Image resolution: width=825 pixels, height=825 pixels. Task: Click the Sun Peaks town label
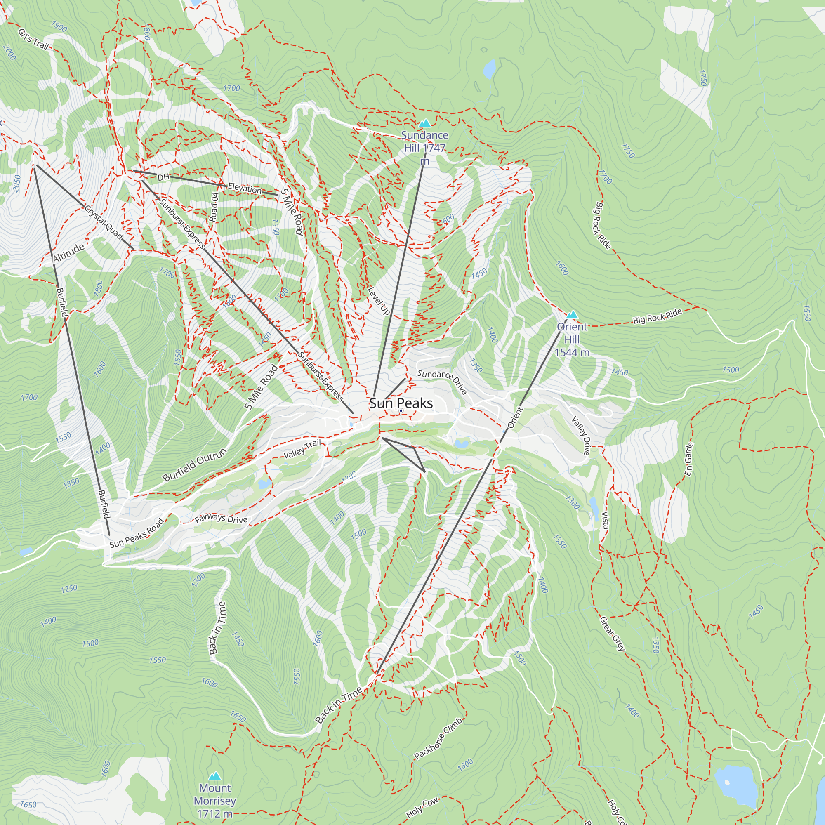click(x=401, y=403)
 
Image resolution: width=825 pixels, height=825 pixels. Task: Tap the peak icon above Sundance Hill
click(x=424, y=123)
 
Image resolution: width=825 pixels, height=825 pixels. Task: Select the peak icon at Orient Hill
click(x=572, y=315)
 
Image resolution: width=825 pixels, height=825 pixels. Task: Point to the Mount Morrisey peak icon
click(x=215, y=776)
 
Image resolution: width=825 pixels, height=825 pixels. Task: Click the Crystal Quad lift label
click(x=104, y=223)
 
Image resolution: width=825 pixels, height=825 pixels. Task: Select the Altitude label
click(x=68, y=253)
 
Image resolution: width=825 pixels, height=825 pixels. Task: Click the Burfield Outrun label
click(x=194, y=464)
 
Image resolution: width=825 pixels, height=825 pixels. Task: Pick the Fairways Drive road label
click(x=221, y=519)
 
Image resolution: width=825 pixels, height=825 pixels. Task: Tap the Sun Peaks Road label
click(x=136, y=533)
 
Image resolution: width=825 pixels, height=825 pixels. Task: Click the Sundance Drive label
click(x=442, y=381)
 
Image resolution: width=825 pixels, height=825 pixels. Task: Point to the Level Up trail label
click(x=379, y=301)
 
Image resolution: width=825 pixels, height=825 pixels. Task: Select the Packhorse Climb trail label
click(x=438, y=739)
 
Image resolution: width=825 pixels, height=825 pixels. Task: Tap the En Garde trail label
click(x=689, y=459)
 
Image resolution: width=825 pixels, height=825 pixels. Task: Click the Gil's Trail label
click(x=33, y=39)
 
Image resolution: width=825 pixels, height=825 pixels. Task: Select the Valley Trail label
click(x=302, y=449)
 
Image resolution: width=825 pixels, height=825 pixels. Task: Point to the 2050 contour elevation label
click(x=16, y=184)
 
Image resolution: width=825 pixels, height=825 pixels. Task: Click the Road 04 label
click(x=214, y=207)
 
